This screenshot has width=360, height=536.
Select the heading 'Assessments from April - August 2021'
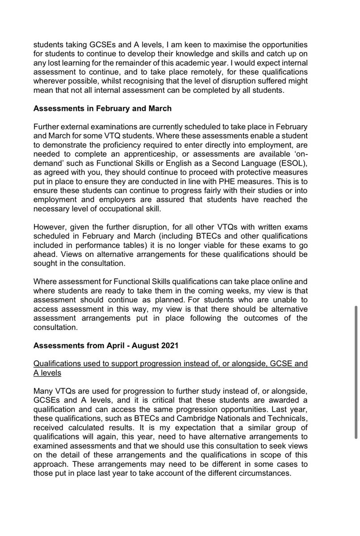[x=106, y=346]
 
